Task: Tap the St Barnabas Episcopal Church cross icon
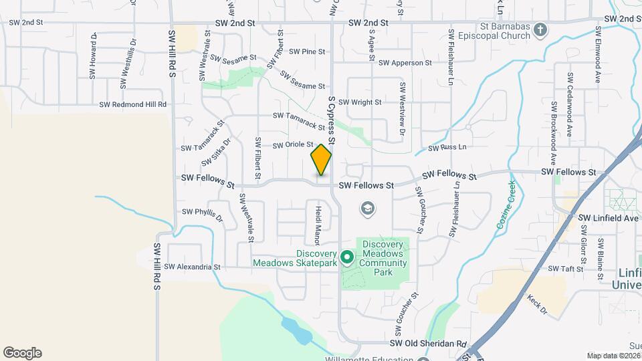coord(541,30)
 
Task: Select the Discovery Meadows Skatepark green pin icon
coord(346,257)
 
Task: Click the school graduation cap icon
coord(366,209)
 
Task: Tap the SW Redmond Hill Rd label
coord(132,105)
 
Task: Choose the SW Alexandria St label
coord(192,267)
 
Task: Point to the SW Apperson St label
coord(405,63)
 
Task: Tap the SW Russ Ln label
coord(447,147)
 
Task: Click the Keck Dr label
coord(536,305)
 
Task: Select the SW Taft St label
coord(566,269)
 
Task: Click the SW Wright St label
coord(360,102)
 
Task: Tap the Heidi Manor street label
coord(318,225)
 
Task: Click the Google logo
coord(22,353)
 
